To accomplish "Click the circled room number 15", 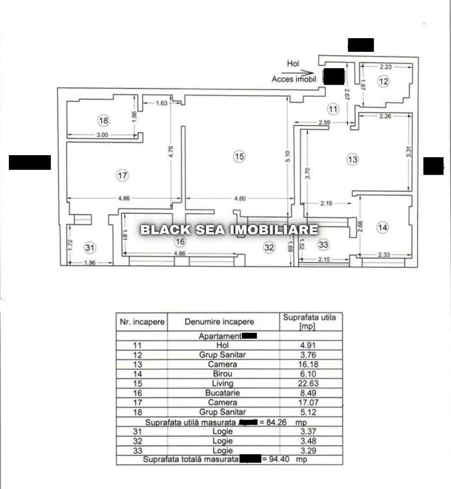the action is click(x=238, y=157).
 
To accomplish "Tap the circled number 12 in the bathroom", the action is click(x=383, y=82).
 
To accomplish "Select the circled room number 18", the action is click(x=103, y=120).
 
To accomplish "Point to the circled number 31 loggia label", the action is click(x=89, y=248).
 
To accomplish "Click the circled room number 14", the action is click(x=383, y=227).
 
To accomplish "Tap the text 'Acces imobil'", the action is click(x=294, y=79).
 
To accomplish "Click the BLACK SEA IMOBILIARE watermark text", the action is click(x=229, y=230).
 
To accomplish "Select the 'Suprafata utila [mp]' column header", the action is click(x=310, y=322).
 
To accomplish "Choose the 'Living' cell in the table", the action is click(x=223, y=383).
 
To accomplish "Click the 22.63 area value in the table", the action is click(x=310, y=383).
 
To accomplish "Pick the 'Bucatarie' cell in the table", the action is click(x=223, y=393).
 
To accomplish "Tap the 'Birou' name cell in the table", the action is click(x=223, y=374).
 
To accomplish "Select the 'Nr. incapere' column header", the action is click(x=142, y=322).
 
